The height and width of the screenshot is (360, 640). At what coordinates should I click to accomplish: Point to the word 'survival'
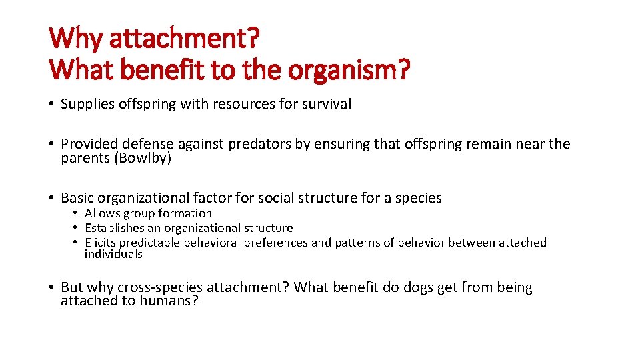(x=327, y=104)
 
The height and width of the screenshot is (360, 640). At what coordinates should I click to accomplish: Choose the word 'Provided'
(x=87, y=145)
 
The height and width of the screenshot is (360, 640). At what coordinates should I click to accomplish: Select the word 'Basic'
(x=77, y=198)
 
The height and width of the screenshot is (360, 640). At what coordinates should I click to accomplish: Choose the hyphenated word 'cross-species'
(x=159, y=287)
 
